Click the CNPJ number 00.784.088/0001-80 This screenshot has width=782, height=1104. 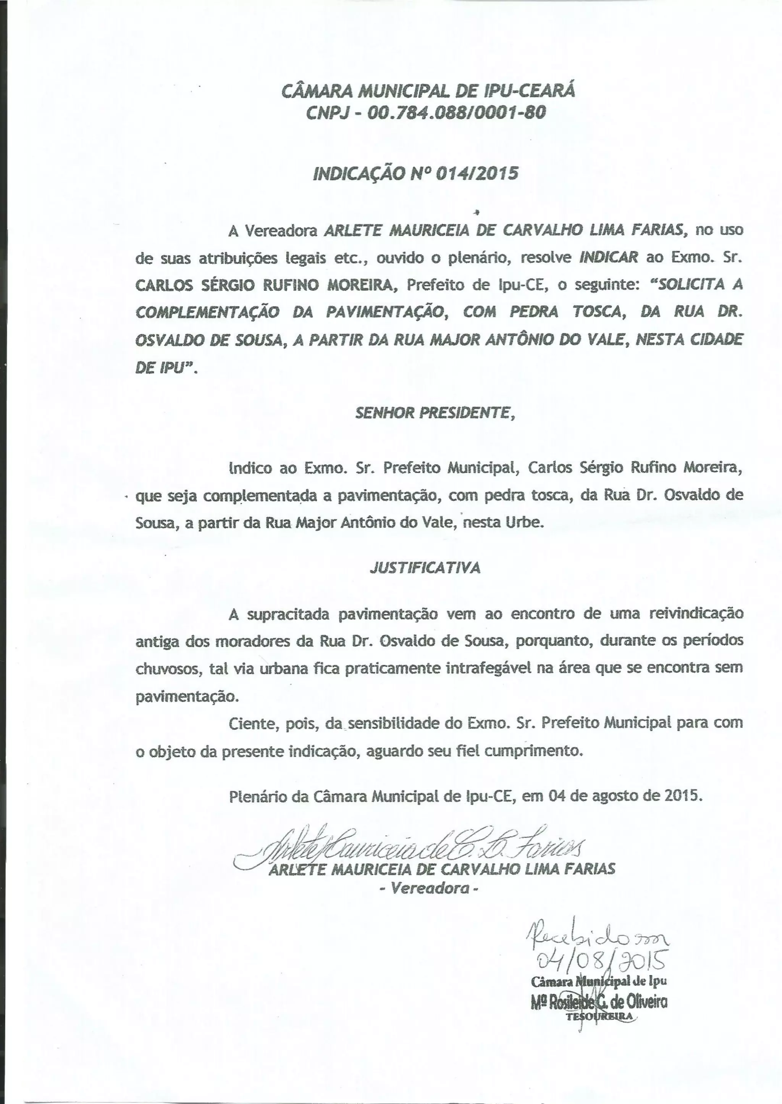457,113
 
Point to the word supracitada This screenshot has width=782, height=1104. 288,614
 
